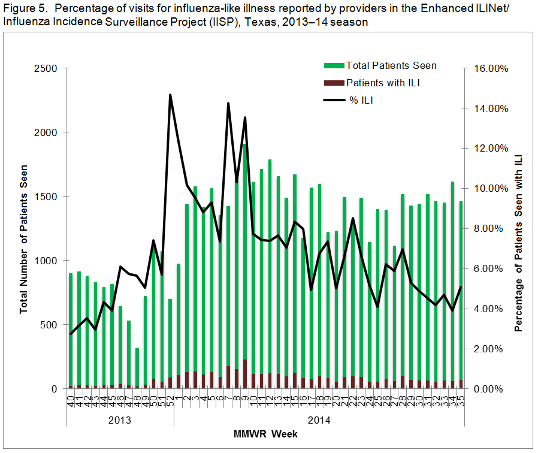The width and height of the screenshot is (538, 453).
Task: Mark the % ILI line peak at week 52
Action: pyautogui.click(x=170, y=95)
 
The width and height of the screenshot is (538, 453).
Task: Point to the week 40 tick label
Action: pyautogui.click(x=71, y=398)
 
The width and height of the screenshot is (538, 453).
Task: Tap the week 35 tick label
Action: pyautogui.click(x=461, y=398)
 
